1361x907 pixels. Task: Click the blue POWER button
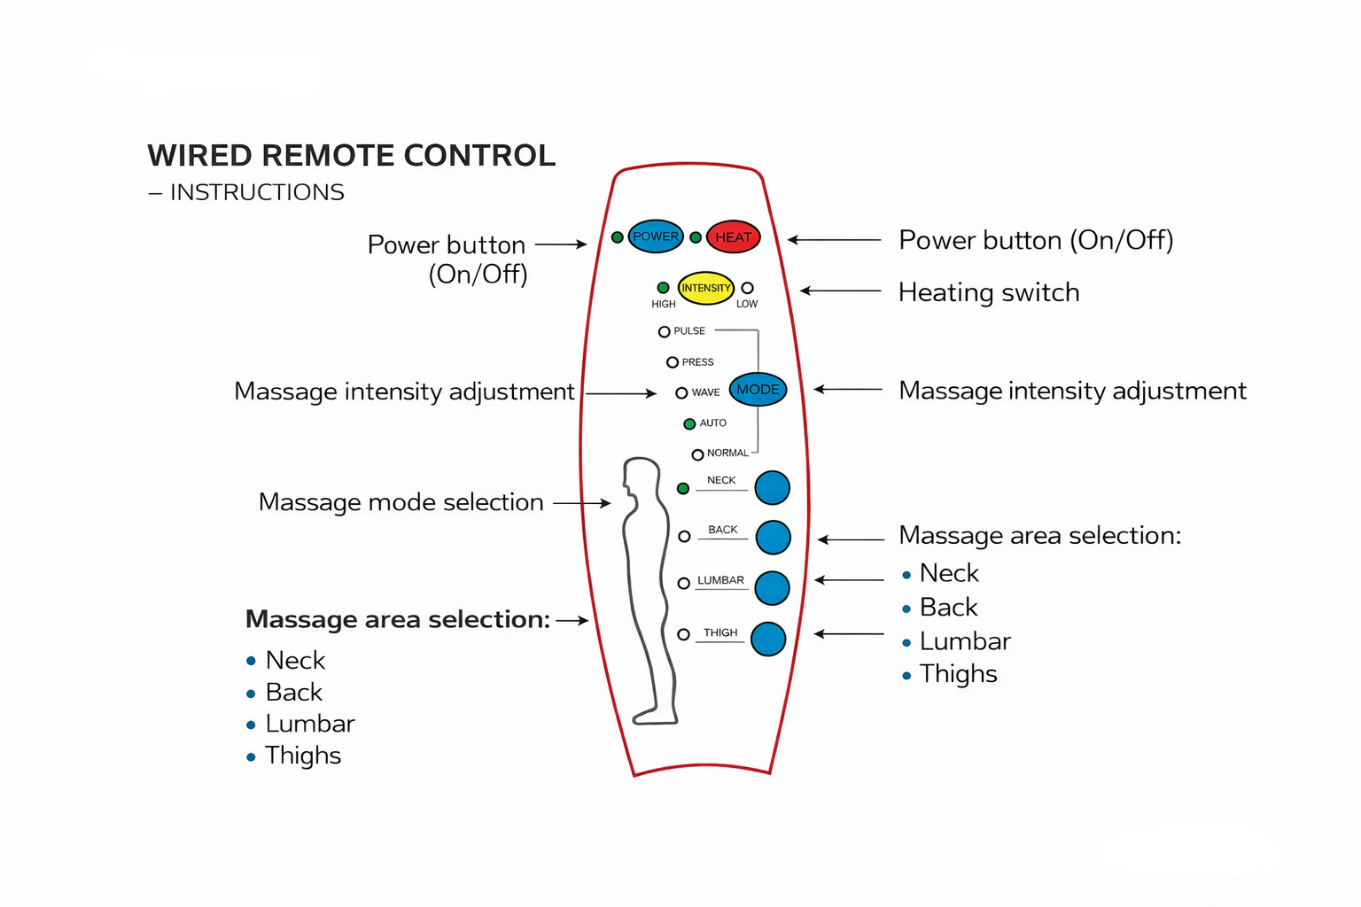(656, 236)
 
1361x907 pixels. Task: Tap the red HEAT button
(734, 236)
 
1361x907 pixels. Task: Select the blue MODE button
(758, 390)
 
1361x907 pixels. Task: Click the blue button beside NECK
(773, 488)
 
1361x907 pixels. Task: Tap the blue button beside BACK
(773, 537)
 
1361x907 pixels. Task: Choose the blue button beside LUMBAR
(773, 588)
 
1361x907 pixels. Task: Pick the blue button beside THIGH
(768, 640)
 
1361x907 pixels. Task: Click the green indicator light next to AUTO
(689, 423)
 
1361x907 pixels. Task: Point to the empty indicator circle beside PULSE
(664, 331)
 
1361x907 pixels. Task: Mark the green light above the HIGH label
(663, 287)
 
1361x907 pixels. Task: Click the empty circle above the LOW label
(747, 287)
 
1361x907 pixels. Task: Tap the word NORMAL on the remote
(727, 453)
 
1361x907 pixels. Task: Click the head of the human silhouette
(642, 475)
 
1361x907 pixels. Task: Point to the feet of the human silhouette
(655, 716)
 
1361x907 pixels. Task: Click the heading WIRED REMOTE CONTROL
(351, 156)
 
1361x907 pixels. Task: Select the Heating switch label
(989, 292)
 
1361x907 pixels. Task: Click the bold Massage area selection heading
(397, 620)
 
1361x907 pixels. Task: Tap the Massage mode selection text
(401, 502)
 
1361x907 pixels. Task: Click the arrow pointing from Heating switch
(840, 291)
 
